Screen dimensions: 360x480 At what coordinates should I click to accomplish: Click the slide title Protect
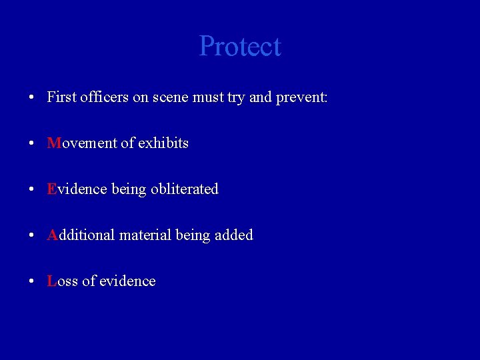[240, 47]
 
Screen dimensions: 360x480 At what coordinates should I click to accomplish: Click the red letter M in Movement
[53, 143]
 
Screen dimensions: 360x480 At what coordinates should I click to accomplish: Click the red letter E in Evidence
[51, 189]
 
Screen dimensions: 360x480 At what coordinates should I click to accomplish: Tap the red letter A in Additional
[53, 235]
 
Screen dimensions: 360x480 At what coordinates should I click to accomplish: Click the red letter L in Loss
[51, 281]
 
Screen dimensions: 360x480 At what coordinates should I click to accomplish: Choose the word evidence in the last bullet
[127, 281]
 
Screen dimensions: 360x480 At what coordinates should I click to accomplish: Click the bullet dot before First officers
[32, 98]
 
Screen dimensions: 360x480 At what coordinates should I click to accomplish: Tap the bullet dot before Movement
[32, 144]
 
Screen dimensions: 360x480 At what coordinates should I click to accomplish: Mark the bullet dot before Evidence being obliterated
[32, 190]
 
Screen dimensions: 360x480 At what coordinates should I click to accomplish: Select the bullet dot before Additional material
[32, 236]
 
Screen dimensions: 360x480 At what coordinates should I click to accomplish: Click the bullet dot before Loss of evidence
[32, 282]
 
